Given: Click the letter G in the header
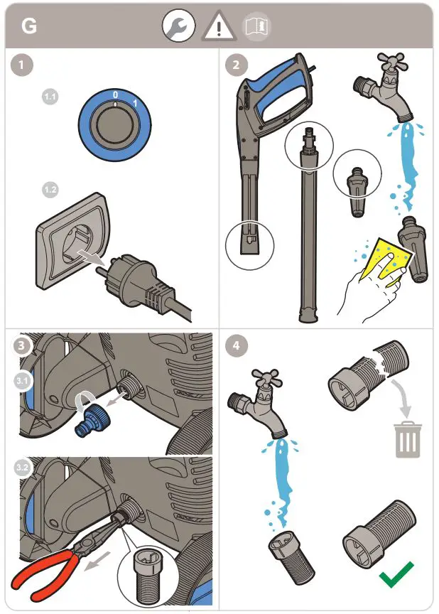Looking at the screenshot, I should (29, 26).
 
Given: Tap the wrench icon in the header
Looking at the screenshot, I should (178, 27).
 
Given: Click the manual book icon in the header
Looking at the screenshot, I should (257, 27).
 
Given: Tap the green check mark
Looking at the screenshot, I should (396, 575).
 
